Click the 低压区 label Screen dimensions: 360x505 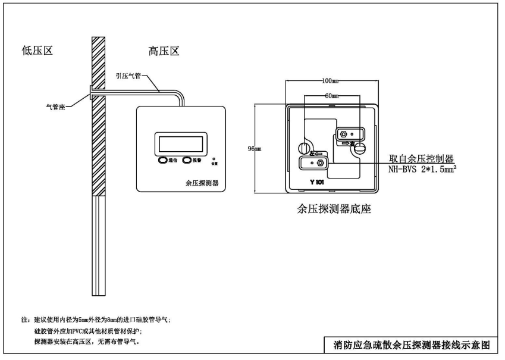[x=37, y=52]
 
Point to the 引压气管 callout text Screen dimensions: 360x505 [x=129, y=76]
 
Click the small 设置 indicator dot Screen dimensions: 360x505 [x=214, y=159]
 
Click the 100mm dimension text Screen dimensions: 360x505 [x=330, y=80]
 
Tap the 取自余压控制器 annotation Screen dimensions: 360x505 [x=422, y=159]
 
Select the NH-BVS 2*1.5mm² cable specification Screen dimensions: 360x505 [x=426, y=169]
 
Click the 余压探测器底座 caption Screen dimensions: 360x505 [x=334, y=209]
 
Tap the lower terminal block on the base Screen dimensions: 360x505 [x=313, y=162]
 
